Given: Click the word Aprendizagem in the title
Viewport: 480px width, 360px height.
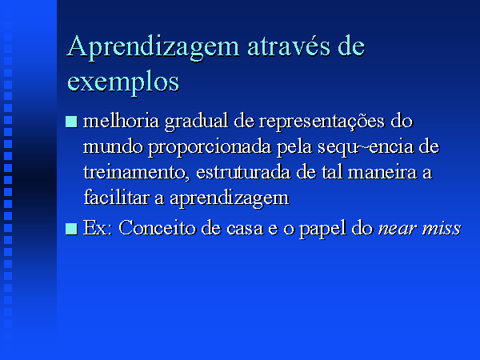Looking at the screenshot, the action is [153, 48].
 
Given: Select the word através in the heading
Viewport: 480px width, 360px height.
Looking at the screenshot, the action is [289, 46].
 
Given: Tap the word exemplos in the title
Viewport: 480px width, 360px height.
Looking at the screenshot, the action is [122, 82].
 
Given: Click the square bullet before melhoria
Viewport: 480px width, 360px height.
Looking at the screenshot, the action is [71, 122].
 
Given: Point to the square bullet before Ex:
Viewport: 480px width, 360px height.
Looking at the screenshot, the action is [71, 229].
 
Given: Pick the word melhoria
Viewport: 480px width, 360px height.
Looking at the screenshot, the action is [122, 121].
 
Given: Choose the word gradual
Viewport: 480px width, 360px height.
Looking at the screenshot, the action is [197, 122].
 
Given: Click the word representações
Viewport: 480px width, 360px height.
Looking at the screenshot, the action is [322, 122].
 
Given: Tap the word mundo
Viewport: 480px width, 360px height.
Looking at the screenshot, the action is [113, 146].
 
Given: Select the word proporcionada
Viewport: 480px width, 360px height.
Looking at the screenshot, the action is [210, 148].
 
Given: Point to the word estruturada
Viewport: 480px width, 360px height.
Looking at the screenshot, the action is [243, 172].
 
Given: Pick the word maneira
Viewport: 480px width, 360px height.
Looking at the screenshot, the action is [382, 172].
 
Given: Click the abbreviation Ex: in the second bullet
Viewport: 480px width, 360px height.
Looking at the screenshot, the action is [98, 228].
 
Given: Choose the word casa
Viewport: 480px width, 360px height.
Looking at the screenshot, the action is [245, 230].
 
